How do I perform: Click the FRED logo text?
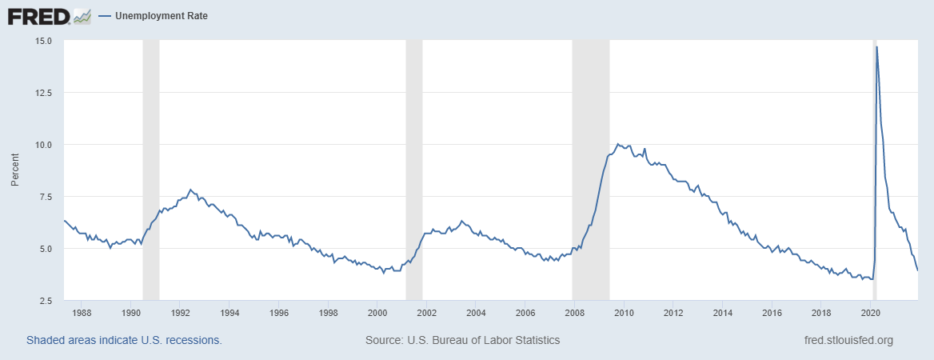pyautogui.click(x=37, y=15)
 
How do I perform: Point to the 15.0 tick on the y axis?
pyautogui.click(x=42, y=41)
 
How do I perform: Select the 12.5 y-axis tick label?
pyautogui.click(x=42, y=93)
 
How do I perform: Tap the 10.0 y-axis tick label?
pyautogui.click(x=42, y=145)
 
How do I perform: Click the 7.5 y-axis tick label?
pyautogui.click(x=44, y=197)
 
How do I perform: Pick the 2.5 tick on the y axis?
pyautogui.click(x=44, y=301)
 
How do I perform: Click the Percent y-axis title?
pyautogui.click(x=14, y=170)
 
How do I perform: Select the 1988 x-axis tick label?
pyautogui.click(x=82, y=313)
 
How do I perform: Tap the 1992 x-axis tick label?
pyautogui.click(x=180, y=313)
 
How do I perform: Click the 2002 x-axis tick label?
pyautogui.click(x=426, y=313)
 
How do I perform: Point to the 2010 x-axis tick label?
pyautogui.click(x=624, y=313)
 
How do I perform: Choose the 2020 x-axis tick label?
pyautogui.click(x=871, y=313)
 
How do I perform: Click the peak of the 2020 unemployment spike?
pyautogui.click(x=877, y=47)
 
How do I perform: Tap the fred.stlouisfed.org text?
pyautogui.click(x=848, y=340)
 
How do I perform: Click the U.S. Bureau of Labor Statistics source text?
pyautogui.click(x=462, y=340)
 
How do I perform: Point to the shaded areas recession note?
pyautogui.click(x=124, y=340)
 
